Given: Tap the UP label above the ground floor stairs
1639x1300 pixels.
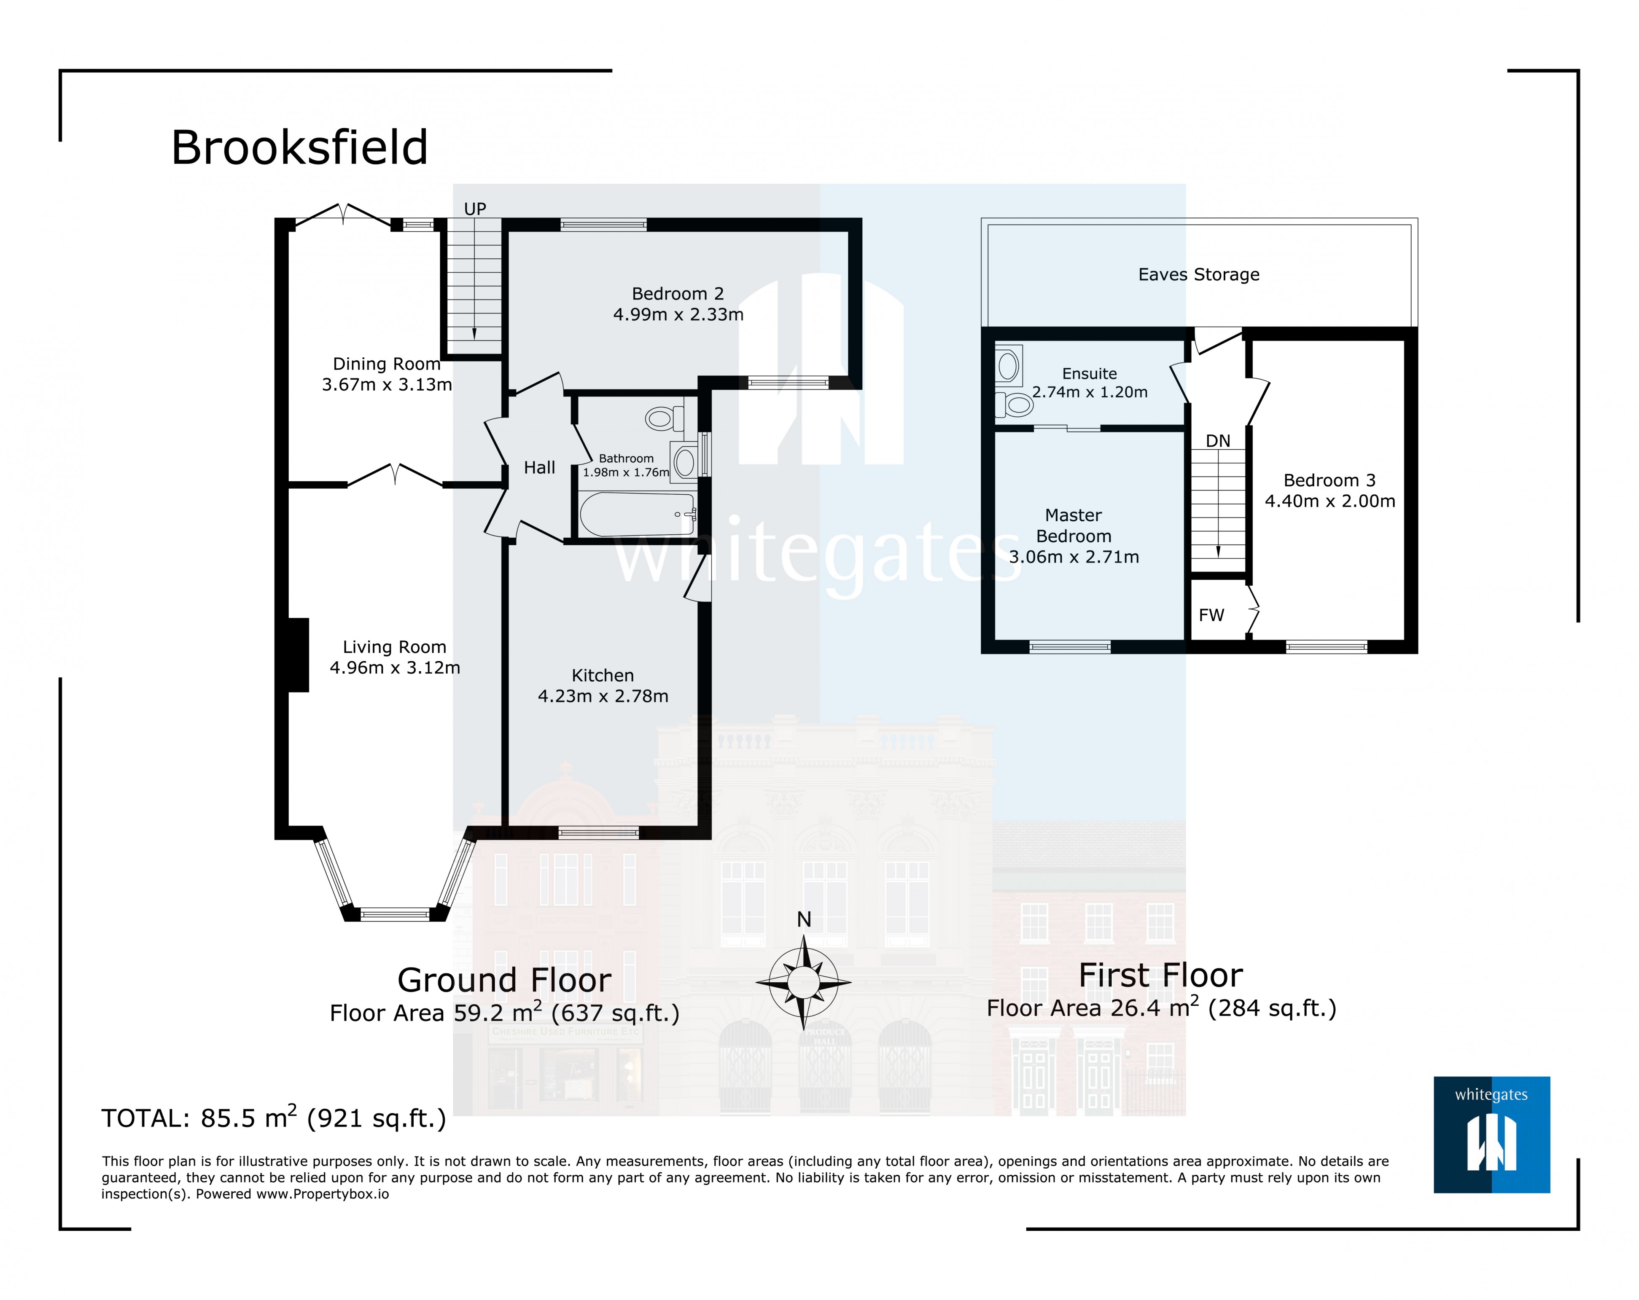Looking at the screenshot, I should click(475, 209).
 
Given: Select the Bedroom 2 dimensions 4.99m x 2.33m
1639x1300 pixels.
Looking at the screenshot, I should click(678, 314).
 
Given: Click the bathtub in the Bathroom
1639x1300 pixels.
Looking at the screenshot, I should click(637, 515).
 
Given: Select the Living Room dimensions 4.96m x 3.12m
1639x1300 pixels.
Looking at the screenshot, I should click(395, 668).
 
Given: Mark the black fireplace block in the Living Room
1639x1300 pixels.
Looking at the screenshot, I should click(298, 655).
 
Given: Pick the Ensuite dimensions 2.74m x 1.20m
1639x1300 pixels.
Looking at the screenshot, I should click(1090, 392).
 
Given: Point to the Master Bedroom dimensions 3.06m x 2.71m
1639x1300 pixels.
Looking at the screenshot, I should click(1074, 557).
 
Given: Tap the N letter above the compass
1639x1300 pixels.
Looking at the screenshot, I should click(804, 920).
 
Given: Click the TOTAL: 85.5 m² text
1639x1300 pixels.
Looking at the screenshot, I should click(274, 1118).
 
